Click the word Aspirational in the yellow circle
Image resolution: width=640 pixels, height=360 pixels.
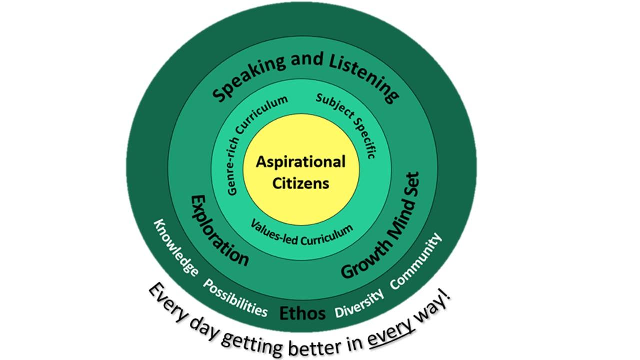301,162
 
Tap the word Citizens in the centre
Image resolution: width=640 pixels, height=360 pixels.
301,183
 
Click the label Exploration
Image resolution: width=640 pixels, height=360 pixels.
219,230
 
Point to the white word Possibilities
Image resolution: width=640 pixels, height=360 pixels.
235,298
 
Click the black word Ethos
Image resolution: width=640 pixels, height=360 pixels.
302,313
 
